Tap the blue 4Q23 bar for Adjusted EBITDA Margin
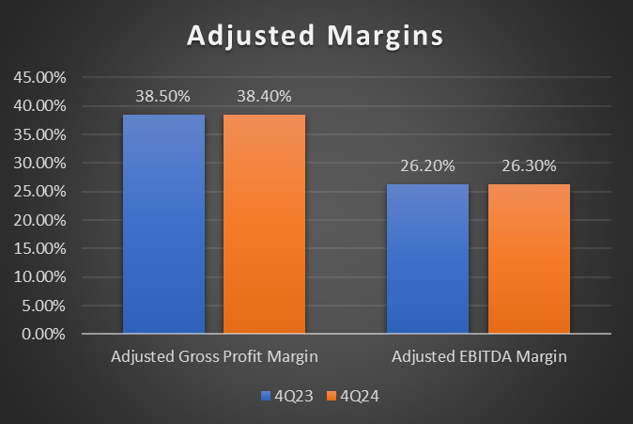point(428,259)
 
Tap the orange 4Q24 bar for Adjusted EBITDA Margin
point(529,259)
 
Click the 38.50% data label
point(164,96)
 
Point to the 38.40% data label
point(264,96)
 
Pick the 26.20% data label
point(428,166)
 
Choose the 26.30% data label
point(529,166)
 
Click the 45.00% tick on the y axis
point(39,77)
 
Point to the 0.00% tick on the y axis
point(42,334)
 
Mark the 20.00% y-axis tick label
point(39,220)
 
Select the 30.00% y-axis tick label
point(39,163)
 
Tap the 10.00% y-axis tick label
point(39,276)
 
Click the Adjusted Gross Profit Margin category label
point(214,358)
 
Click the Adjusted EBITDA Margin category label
point(479,358)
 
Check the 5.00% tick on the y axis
point(42,306)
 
